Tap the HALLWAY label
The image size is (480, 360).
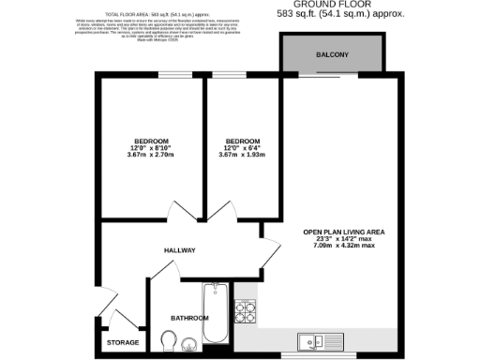pos(179,250)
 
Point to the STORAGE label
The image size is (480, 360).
pos(122,342)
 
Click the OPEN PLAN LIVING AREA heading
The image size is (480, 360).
pos(343,232)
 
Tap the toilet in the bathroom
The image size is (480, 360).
pos(170,337)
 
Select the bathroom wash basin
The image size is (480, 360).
pos(188,341)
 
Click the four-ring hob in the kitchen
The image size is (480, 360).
pos(247,308)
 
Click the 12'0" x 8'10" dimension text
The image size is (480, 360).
pos(150,147)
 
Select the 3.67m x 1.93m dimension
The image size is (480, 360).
pos(243,155)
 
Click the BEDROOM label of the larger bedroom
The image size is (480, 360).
pos(150,140)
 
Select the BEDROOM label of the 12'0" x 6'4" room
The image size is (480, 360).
pos(243,140)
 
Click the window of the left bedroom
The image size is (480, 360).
pos(171,75)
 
